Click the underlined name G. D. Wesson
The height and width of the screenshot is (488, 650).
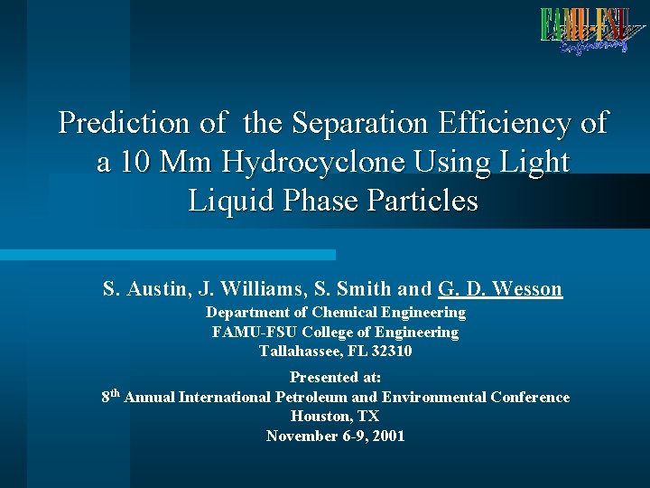click(499, 289)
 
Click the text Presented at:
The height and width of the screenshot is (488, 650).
click(335, 378)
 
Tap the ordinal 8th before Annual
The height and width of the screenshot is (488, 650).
click(111, 396)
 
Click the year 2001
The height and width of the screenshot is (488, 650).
click(388, 436)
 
